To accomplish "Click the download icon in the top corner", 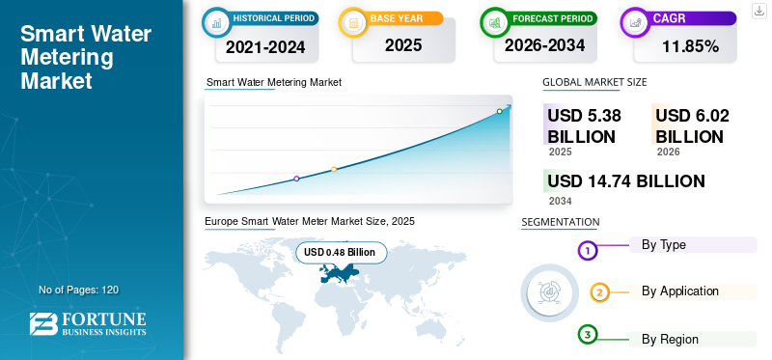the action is (x=759, y=11).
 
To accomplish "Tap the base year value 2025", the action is (x=403, y=45).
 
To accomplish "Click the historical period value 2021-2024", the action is (x=265, y=47).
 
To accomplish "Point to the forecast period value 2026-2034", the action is (x=544, y=45).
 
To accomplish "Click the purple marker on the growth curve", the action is (x=296, y=179).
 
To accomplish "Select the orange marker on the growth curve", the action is (x=334, y=170).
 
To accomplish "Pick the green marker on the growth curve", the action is (x=499, y=111).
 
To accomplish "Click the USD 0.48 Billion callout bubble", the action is (x=342, y=253).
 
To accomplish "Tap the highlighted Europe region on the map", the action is (x=340, y=273).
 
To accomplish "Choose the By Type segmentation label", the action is (x=664, y=245).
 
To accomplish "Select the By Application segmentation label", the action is (x=680, y=291).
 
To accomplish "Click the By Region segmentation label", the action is (x=670, y=340).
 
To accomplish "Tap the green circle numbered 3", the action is (x=588, y=335).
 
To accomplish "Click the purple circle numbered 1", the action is (x=587, y=251).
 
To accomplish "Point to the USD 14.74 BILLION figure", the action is (x=625, y=181).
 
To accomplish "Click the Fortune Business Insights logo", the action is (x=88, y=323).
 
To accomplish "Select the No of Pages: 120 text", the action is (x=79, y=291).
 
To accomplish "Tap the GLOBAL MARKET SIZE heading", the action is (x=594, y=82).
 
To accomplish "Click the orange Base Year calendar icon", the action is (x=353, y=22).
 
